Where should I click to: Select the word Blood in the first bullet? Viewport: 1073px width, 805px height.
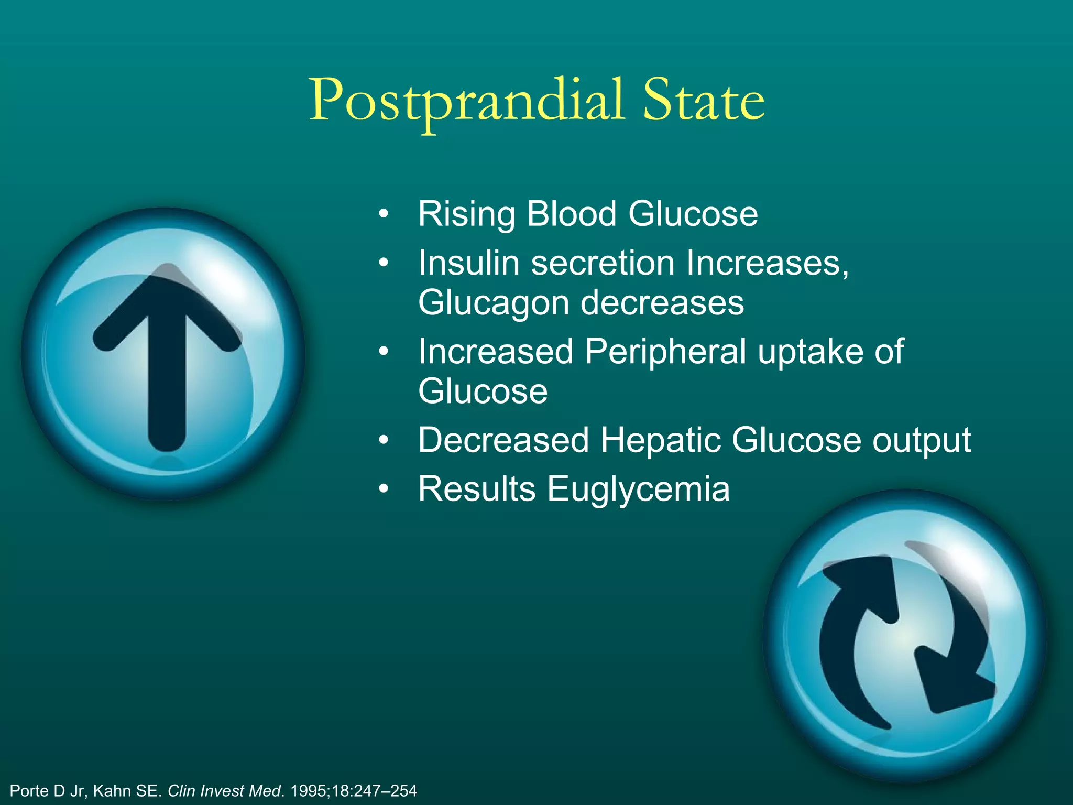(x=572, y=214)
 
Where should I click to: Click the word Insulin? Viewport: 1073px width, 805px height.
(x=468, y=263)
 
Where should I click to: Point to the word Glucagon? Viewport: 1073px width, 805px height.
(x=493, y=303)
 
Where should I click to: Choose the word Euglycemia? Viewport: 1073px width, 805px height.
(x=638, y=489)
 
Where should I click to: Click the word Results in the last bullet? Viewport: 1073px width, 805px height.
(x=476, y=489)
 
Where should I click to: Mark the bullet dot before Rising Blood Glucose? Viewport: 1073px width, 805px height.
(x=384, y=214)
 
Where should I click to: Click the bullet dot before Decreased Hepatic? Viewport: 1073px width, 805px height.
(x=384, y=440)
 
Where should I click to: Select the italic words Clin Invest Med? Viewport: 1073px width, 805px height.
(x=225, y=791)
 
